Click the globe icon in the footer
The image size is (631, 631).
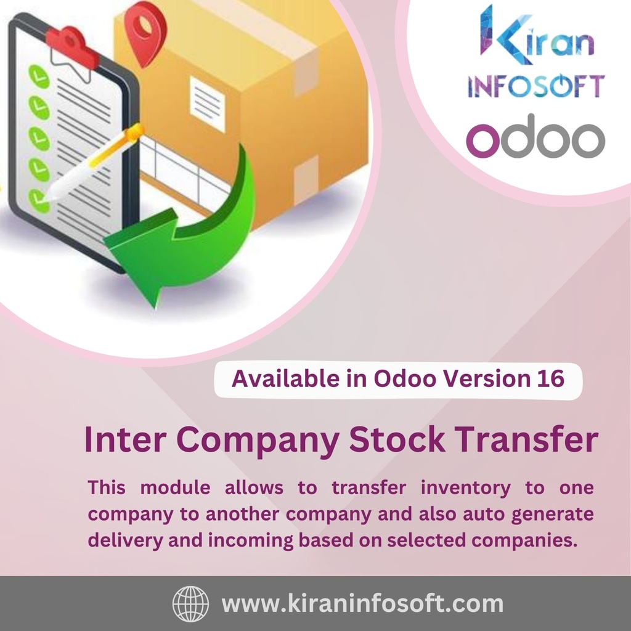(x=190, y=603)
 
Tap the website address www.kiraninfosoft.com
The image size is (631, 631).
(x=362, y=603)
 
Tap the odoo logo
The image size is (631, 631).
(x=535, y=138)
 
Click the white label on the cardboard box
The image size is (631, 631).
(x=207, y=103)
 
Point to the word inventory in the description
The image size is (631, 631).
(x=466, y=488)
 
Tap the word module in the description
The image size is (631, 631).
(x=175, y=488)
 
